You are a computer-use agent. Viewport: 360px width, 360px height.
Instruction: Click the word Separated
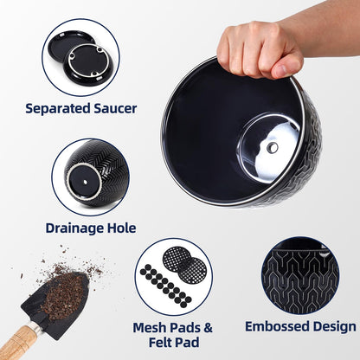(x=58, y=109)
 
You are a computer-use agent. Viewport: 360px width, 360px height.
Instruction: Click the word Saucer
(x=115, y=108)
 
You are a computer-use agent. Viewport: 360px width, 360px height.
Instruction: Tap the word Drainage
(x=75, y=228)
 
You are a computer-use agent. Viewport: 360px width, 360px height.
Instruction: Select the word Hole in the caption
(x=122, y=228)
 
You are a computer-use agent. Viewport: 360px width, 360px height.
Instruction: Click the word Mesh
(x=150, y=327)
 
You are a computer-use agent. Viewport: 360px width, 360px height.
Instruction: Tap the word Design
(x=335, y=327)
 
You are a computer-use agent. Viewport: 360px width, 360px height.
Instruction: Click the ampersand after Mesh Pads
(x=208, y=328)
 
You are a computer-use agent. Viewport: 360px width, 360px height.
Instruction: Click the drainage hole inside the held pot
(x=272, y=148)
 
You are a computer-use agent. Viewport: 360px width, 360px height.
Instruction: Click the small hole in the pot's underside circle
(x=86, y=182)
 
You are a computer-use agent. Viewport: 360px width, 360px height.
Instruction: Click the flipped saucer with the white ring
(x=87, y=63)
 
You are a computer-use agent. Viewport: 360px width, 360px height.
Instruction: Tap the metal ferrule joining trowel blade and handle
(x=36, y=327)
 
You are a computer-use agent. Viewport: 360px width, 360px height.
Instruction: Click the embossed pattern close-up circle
(x=300, y=276)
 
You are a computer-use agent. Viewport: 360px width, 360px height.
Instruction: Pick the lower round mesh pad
(x=191, y=270)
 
